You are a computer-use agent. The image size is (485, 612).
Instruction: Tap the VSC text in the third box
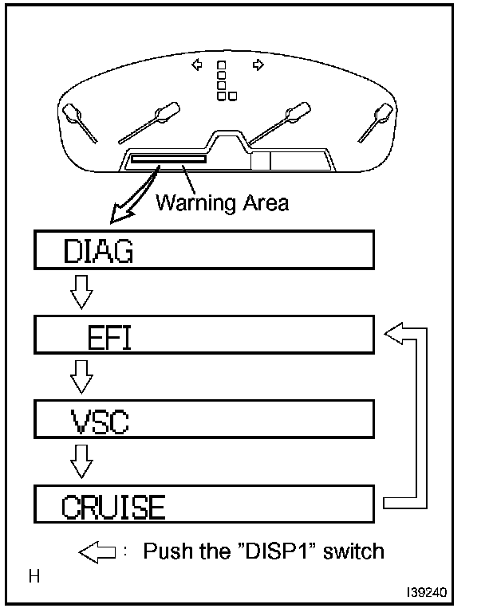95,422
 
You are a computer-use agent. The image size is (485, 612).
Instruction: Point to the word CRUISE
113,506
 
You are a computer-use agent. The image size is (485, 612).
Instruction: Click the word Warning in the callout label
188,202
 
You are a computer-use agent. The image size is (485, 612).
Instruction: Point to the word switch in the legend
349,551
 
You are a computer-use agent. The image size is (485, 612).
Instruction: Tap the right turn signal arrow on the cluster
258,65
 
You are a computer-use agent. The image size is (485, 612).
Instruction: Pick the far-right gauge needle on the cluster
373,121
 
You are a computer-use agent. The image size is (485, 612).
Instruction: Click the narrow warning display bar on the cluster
168,159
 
